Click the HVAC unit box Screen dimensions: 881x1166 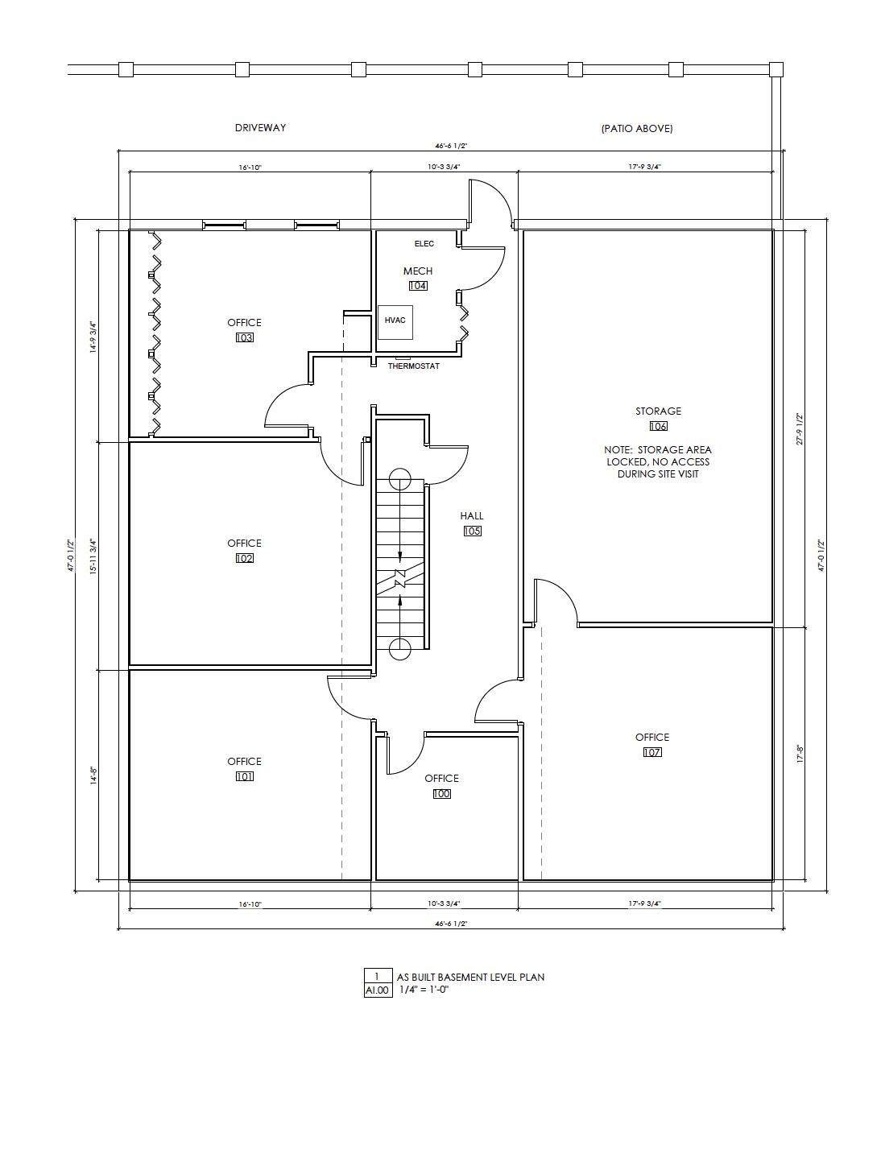click(x=395, y=322)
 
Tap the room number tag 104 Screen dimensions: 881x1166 click(x=418, y=286)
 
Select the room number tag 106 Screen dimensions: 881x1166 click(x=658, y=426)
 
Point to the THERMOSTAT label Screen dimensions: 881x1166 click(x=414, y=366)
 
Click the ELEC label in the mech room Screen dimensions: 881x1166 click(x=424, y=244)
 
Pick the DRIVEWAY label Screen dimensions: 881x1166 click(x=260, y=127)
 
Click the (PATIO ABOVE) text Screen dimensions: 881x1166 click(x=637, y=128)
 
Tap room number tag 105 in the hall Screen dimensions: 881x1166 click(x=472, y=531)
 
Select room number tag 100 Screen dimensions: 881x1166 click(x=441, y=794)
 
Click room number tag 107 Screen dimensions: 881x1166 click(x=652, y=752)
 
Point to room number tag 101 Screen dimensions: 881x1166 click(x=244, y=776)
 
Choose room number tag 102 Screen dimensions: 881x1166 click(x=244, y=558)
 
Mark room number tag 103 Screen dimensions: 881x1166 click(x=244, y=338)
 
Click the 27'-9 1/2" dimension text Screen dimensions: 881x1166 click(x=800, y=429)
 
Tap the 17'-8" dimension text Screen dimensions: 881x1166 click(x=800, y=755)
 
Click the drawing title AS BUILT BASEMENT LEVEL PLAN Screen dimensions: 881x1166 click(x=470, y=977)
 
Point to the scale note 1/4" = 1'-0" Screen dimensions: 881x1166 click(x=424, y=990)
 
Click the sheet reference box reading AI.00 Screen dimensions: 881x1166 click(x=378, y=990)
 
